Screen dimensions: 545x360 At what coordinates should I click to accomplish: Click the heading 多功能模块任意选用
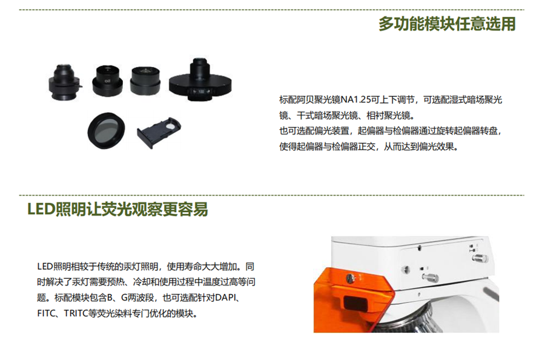click(x=447, y=24)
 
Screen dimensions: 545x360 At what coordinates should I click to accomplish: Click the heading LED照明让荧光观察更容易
click(x=117, y=209)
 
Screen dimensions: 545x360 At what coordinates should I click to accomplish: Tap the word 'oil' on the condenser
click(x=107, y=81)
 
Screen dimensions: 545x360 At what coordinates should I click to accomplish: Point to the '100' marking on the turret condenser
click(x=201, y=92)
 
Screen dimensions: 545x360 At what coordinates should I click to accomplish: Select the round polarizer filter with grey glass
click(x=106, y=130)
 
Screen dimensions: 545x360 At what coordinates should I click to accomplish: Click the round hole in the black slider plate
click(x=171, y=124)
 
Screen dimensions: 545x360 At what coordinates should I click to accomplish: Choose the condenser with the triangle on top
click(x=145, y=81)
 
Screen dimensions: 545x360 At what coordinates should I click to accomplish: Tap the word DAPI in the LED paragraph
click(x=226, y=298)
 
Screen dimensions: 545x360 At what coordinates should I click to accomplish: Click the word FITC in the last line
click(x=46, y=313)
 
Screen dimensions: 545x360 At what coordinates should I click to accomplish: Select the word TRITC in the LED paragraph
click(x=75, y=313)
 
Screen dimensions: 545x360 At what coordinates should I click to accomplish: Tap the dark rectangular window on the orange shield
click(x=355, y=302)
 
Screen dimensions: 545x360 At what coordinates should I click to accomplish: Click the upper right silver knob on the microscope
click(x=480, y=258)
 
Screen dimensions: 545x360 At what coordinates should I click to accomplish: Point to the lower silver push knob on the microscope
click(x=430, y=278)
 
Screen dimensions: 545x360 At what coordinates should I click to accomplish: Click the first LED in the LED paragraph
click(x=44, y=267)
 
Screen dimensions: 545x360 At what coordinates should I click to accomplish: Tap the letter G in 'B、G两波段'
click(x=124, y=298)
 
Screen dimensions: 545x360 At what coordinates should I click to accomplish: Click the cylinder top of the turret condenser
click(x=199, y=67)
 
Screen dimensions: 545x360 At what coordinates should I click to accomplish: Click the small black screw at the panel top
click(x=420, y=248)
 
